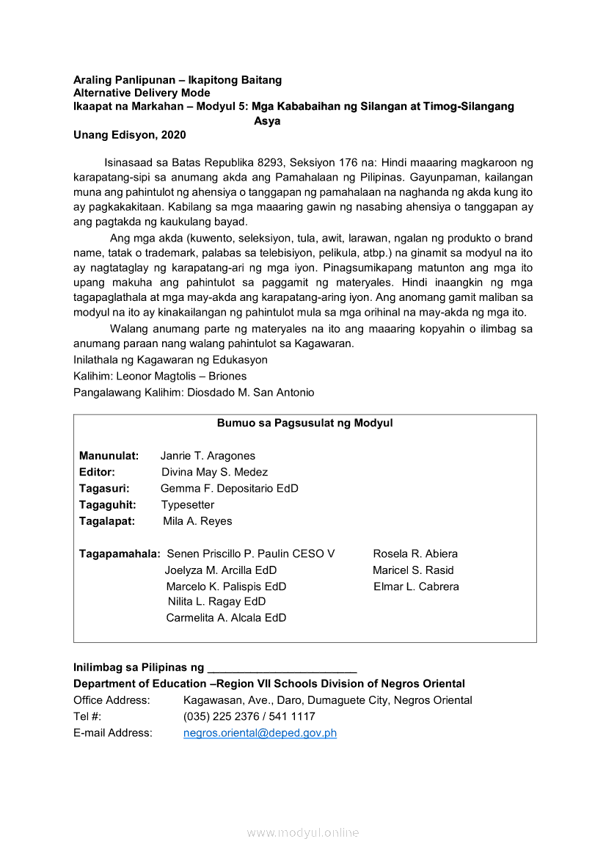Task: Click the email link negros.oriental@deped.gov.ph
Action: [x=260, y=732]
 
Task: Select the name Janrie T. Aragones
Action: [x=208, y=456]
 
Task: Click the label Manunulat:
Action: [x=109, y=456]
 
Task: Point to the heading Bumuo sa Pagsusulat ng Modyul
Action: [x=304, y=423]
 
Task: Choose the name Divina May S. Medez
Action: [x=214, y=472]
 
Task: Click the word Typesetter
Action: [x=188, y=505]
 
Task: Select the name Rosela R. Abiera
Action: [x=415, y=553]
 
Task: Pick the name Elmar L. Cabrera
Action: [x=416, y=586]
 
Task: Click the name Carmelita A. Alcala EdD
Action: [x=226, y=617]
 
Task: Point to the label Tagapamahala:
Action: [x=120, y=553]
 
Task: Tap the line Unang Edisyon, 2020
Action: [x=129, y=134]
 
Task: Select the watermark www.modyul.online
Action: [x=303, y=832]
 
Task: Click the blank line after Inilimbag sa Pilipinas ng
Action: [x=282, y=669]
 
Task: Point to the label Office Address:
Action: [x=112, y=700]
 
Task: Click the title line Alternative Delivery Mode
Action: [x=142, y=92]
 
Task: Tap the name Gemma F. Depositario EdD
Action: [x=230, y=488]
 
